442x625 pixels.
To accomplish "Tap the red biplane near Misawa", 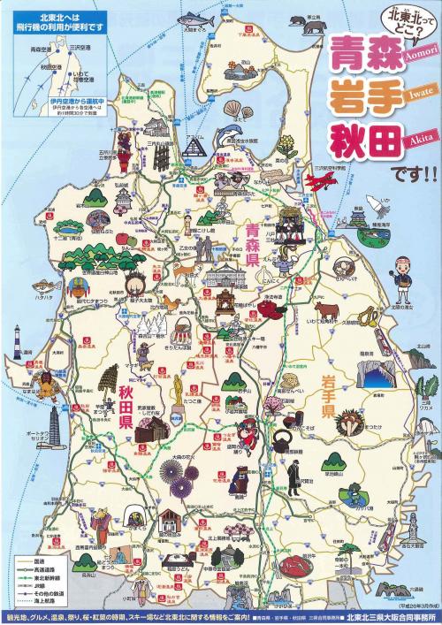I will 324,179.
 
